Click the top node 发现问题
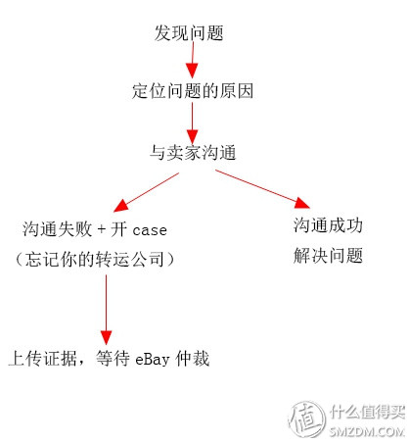[189, 33]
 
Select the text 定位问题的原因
[193, 91]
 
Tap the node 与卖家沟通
[193, 153]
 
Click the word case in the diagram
[150, 230]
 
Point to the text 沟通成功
[328, 225]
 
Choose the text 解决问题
[328, 255]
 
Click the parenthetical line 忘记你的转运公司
[95, 260]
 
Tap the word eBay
[153, 360]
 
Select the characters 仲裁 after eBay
[193, 359]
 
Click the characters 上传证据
[43, 359]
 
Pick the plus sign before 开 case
[102, 229]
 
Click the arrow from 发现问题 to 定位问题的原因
[193, 60]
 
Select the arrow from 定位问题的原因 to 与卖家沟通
[192, 123]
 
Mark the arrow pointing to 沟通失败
[146, 192]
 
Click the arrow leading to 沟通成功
[262, 189]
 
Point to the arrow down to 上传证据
[106, 310]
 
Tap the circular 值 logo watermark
[307, 418]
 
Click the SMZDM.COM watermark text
[367, 432]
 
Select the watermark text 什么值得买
[367, 412]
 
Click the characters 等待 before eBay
[113, 359]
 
